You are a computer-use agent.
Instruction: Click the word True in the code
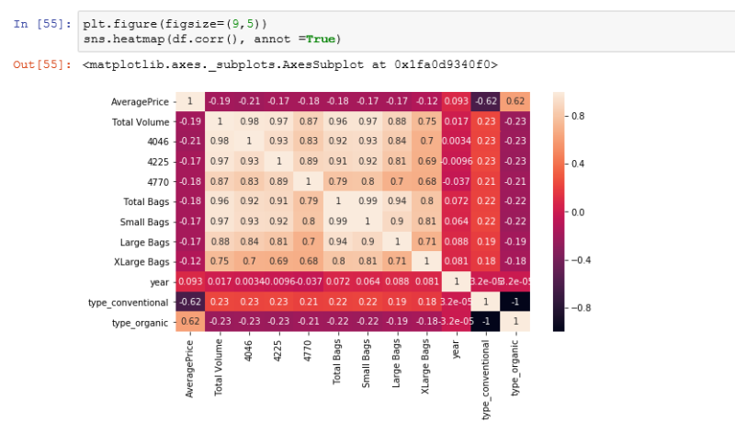point(320,39)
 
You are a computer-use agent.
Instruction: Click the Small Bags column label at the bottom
point(366,362)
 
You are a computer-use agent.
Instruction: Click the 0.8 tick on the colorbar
point(582,117)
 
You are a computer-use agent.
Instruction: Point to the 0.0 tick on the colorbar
point(582,212)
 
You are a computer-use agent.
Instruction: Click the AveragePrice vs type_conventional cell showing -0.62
point(486,101)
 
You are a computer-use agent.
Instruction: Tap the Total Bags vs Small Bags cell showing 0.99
point(367,201)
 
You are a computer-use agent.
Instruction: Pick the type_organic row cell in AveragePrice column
point(190,321)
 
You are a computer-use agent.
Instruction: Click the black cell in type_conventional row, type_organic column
point(515,302)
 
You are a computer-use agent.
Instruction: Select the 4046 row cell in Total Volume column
point(220,141)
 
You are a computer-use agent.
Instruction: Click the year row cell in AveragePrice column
point(190,281)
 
